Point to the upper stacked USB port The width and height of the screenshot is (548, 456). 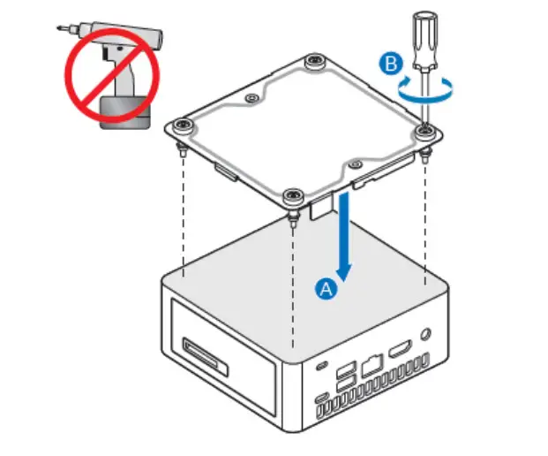tap(346, 367)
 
